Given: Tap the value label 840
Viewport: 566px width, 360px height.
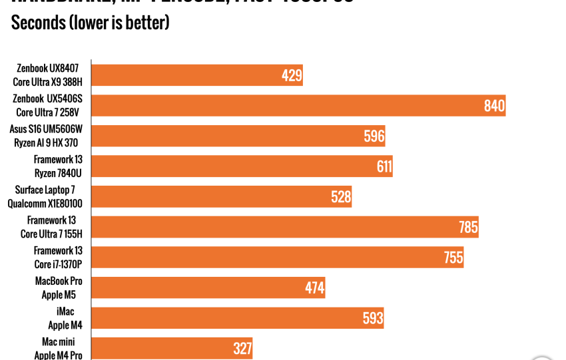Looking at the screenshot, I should point(494,106).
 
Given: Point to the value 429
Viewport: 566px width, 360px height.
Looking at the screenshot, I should point(292,75).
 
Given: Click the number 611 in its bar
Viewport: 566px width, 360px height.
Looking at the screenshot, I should point(384,166).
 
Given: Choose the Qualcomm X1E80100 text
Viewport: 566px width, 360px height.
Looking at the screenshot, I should point(45,204).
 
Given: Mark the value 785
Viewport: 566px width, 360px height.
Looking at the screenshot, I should point(468,227).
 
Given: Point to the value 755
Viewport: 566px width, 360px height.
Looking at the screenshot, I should point(453,258).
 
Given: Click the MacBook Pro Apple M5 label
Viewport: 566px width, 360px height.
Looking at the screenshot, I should point(59,287).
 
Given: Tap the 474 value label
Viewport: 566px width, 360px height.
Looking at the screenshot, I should point(314,288).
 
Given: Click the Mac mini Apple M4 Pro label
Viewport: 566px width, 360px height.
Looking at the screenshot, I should point(59,349).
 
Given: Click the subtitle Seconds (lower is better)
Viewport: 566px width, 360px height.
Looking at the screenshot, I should point(90,23).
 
